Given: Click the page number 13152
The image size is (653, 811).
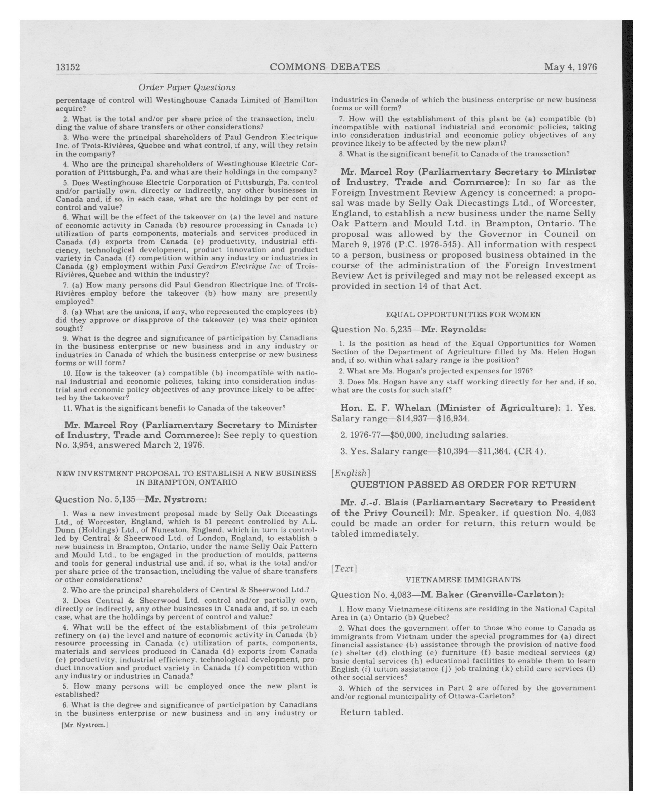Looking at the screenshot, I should coord(68,67).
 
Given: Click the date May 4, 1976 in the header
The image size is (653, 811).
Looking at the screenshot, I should coord(570,67).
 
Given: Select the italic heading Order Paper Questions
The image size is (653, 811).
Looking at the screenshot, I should coord(187,88).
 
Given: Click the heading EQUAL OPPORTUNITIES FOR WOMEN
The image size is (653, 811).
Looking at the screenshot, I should coord(463,315).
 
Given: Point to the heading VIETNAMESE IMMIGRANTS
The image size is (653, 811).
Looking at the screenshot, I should coord(463,580).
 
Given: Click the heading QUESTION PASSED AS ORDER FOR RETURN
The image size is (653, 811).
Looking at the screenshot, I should coord(463,485).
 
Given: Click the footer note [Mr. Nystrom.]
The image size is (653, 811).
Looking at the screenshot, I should coord(84,725).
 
